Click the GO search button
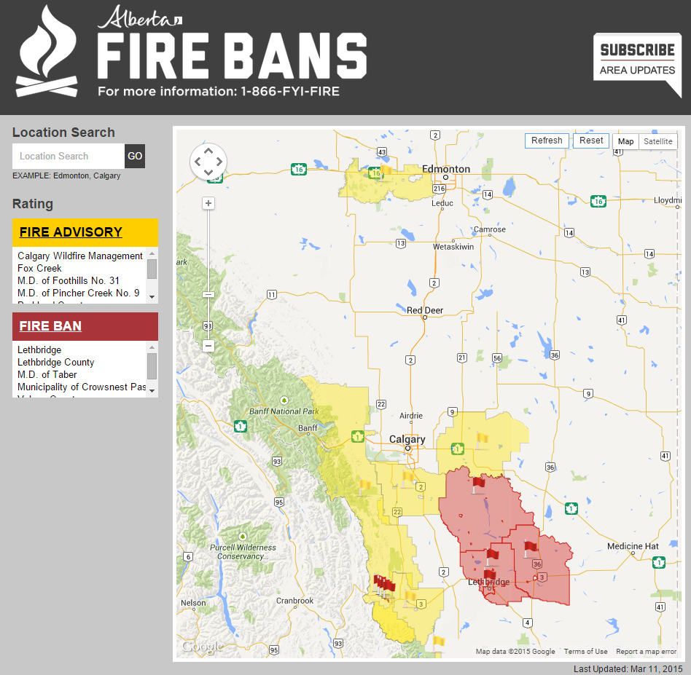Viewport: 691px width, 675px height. [135, 156]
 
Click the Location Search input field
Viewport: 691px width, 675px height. [69, 156]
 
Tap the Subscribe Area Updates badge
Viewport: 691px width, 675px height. [637, 61]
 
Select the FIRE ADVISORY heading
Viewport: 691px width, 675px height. [71, 232]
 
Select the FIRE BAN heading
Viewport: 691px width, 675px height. [50, 326]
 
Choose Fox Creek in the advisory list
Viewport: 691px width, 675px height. [39, 268]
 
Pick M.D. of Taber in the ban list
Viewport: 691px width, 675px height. [47, 374]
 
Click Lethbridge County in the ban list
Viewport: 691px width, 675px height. [56, 362]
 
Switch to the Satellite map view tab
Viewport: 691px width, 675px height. [658, 141]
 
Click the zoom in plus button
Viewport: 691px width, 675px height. [208, 203]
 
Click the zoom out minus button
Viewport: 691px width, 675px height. [208, 346]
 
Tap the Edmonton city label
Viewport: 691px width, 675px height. [446, 169]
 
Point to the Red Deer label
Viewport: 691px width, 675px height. [425, 311]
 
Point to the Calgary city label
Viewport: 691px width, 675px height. [407, 439]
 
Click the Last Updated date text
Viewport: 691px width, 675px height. [628, 668]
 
